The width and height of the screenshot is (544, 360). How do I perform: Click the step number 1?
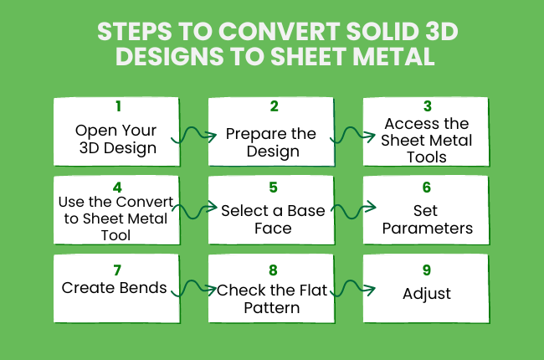[117, 107]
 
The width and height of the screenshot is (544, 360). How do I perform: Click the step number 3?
[426, 106]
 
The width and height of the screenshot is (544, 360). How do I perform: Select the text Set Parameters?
[426, 219]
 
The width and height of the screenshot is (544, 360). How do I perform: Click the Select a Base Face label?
[273, 219]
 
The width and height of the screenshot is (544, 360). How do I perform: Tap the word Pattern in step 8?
[273, 308]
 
